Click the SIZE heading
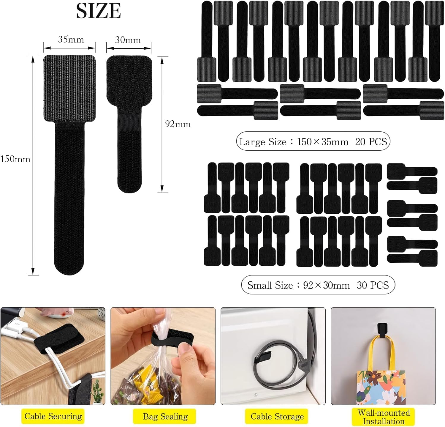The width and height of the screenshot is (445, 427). point(98,11)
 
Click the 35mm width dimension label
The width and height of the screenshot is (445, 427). point(71,39)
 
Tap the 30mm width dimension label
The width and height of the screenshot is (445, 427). point(128,40)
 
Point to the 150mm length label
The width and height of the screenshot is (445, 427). point(15,159)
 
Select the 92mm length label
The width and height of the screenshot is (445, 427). point(178,124)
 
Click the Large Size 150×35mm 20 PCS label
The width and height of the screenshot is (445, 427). point(313,141)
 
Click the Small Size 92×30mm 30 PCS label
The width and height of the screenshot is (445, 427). point(318,285)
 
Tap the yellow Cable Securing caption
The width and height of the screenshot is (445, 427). point(53,416)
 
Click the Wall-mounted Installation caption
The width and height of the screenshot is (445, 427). point(383,417)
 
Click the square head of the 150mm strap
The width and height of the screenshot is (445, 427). point(69,89)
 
